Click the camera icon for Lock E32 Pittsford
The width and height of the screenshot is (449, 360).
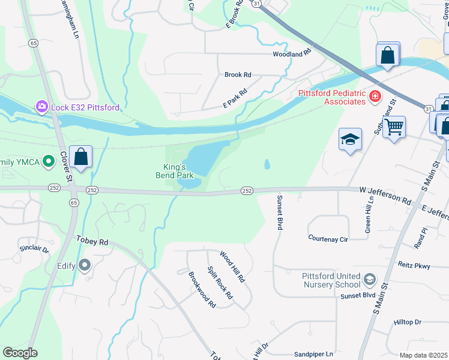click(41, 107)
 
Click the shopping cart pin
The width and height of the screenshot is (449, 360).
click(394, 127)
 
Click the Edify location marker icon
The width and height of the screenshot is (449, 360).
click(84, 265)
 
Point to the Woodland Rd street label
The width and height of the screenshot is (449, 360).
click(292, 53)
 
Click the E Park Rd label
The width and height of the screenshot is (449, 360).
click(235, 98)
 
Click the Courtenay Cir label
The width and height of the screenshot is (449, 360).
click(328, 238)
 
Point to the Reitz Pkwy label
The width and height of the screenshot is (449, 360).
click(414, 265)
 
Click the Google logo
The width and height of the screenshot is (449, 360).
click(20, 353)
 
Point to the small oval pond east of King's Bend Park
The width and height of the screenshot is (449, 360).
click(267, 164)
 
